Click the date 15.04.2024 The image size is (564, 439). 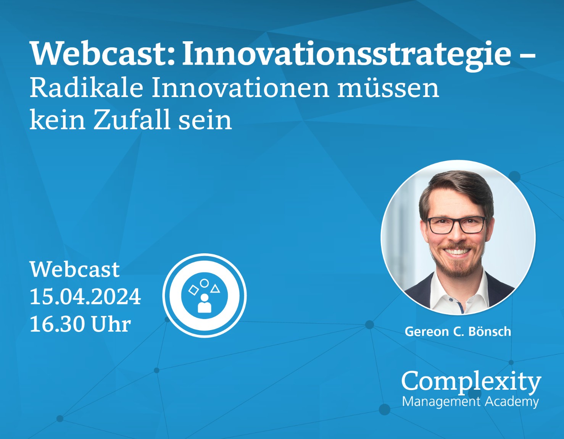pyautogui.click(x=85, y=296)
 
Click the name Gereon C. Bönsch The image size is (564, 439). pyautogui.click(x=458, y=332)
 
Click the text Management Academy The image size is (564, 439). pyautogui.click(x=470, y=402)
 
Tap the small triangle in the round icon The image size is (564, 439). pyautogui.click(x=215, y=289)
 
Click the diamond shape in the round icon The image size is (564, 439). pyautogui.click(x=193, y=290)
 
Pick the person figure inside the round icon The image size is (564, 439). pyautogui.click(x=205, y=303)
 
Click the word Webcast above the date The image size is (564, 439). pyautogui.click(x=75, y=269)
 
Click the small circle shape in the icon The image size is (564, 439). pyautogui.click(x=204, y=283)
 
